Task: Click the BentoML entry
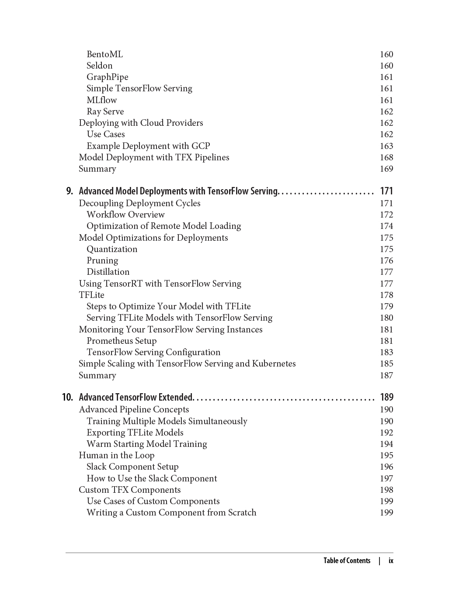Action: click(104, 54)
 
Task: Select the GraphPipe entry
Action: click(107, 77)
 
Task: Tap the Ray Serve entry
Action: click(105, 111)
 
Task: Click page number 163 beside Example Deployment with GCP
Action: click(386, 146)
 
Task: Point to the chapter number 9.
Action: click(70, 191)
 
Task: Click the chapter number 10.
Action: click(67, 397)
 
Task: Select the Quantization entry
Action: click(112, 249)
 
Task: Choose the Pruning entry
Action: click(102, 260)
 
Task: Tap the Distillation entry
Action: click(108, 272)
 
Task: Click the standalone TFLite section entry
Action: click(91, 295)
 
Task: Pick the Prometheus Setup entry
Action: click(122, 341)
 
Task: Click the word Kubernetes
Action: click(274, 363)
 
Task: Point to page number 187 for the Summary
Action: click(386, 375)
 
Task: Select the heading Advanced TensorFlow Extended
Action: click(136, 397)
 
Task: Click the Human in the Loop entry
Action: click(116, 455)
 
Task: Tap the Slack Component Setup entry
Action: click(132, 467)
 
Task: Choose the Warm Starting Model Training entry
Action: click(146, 444)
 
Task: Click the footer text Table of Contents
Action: click(347, 560)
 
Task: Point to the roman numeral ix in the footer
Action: click(391, 560)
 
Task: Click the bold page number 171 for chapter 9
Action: click(386, 191)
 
